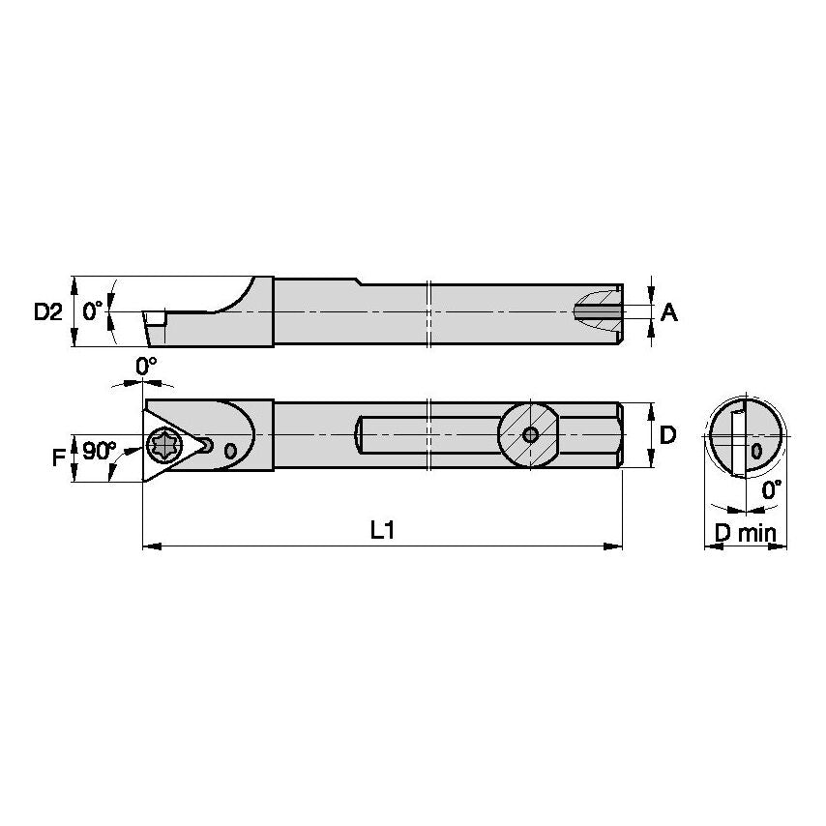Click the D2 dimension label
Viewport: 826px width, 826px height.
point(47,311)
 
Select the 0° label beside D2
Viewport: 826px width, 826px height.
point(93,310)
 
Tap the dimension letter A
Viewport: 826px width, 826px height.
point(668,311)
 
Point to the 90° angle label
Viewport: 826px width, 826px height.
point(99,452)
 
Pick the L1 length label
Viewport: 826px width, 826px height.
point(383,530)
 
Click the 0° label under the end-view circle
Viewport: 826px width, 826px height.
point(772,490)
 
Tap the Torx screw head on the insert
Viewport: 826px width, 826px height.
point(161,445)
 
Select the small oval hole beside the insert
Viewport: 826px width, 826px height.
point(229,451)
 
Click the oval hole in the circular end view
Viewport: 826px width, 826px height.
point(755,451)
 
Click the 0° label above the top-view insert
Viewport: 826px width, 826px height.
point(145,367)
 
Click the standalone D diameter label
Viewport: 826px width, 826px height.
point(667,435)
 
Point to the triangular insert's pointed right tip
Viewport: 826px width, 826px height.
point(209,444)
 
